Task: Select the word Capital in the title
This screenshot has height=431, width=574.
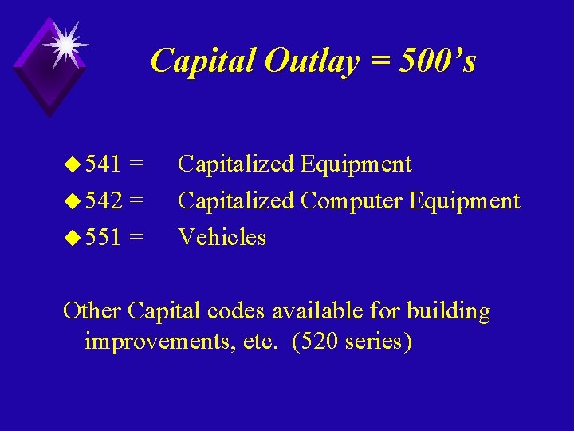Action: (202, 61)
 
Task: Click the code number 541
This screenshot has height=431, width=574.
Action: (102, 164)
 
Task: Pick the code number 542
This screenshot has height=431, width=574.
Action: (102, 200)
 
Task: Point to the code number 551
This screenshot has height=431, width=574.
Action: (102, 237)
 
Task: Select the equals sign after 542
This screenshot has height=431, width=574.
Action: (136, 200)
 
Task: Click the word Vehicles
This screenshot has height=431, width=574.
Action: (222, 237)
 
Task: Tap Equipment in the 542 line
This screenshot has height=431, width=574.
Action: (464, 200)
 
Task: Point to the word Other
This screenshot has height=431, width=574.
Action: (92, 310)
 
